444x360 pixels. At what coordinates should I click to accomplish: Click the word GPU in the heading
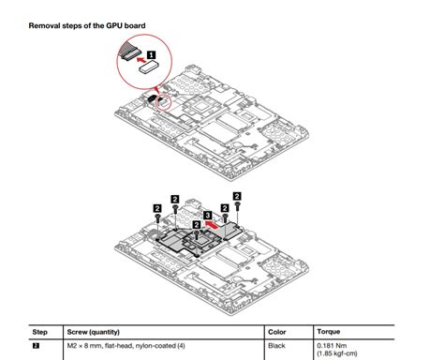click(x=114, y=25)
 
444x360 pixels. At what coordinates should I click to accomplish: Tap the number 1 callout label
click(x=151, y=55)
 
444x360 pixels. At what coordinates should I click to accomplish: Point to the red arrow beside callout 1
click(x=141, y=59)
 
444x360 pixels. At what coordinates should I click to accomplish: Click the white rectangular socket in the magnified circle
click(x=150, y=67)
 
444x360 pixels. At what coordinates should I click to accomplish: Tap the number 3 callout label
click(x=208, y=215)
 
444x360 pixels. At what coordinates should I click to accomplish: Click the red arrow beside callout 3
click(x=212, y=224)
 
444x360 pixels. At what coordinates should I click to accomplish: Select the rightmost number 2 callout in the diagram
click(x=237, y=196)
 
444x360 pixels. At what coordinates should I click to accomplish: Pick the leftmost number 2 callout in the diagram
click(x=157, y=208)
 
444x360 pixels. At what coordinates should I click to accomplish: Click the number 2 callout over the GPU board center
click(x=197, y=224)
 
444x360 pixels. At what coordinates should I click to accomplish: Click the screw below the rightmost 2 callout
click(x=238, y=205)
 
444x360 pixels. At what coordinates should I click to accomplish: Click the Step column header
click(x=40, y=332)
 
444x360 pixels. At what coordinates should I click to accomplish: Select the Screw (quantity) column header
click(x=94, y=332)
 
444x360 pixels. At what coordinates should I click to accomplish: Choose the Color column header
click(x=277, y=332)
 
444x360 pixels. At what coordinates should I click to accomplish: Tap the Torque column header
click(x=329, y=332)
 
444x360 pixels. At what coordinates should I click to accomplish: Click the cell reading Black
click(x=276, y=346)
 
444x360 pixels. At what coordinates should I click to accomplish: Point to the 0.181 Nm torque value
click(x=332, y=346)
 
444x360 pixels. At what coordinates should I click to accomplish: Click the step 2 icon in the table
click(x=36, y=346)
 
